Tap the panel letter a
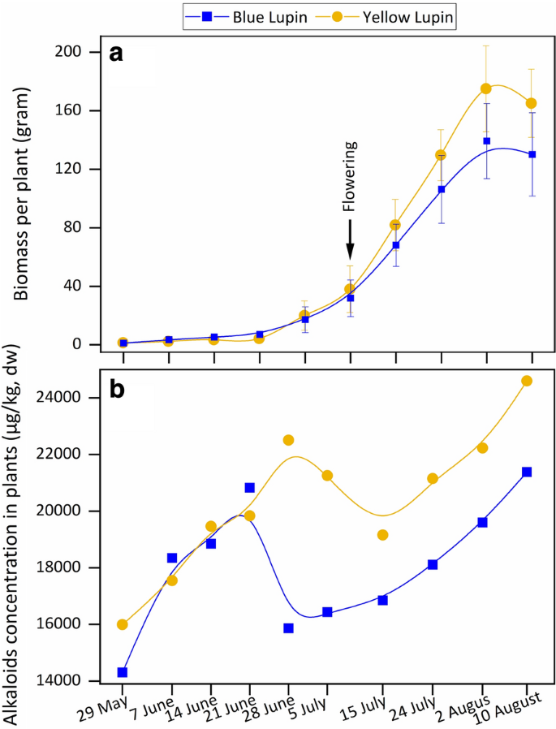117,54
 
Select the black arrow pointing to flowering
350,240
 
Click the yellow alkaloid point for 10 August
527,381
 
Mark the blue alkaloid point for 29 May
123,672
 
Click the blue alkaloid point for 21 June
250,488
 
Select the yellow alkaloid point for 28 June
288,440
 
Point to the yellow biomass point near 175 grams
486,88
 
